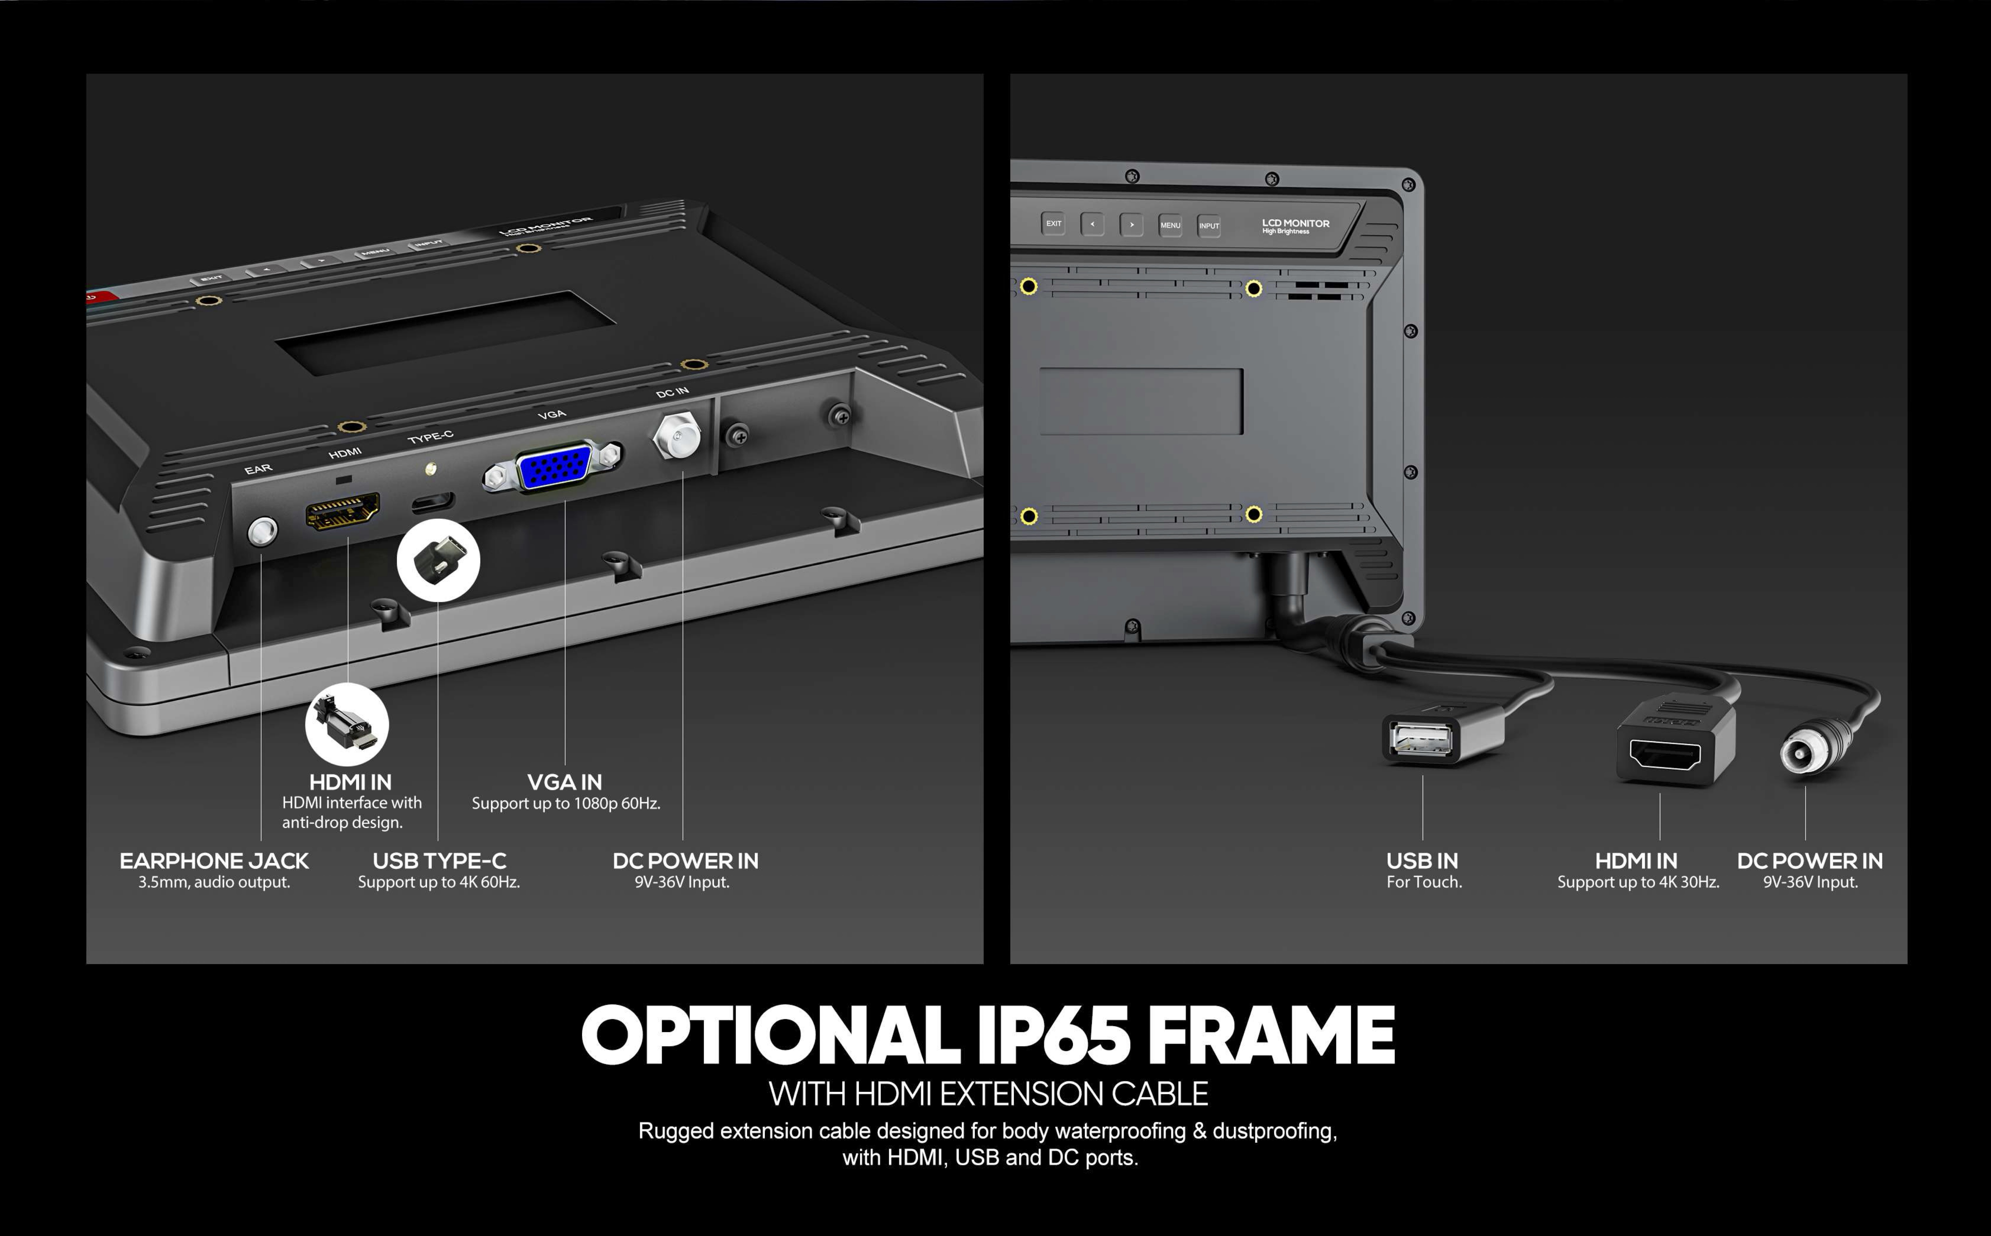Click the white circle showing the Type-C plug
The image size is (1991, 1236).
tap(438, 560)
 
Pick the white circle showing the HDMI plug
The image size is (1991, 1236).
tap(346, 724)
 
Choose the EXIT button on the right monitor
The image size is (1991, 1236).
tap(1053, 223)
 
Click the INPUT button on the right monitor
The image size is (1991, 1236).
tap(1209, 225)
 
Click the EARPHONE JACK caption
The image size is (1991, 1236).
tap(214, 861)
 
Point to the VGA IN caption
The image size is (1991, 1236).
tap(565, 782)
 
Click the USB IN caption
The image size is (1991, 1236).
tap(1422, 861)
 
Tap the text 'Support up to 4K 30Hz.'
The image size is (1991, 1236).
tap(1638, 882)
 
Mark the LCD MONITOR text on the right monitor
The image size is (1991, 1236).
tap(1295, 223)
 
